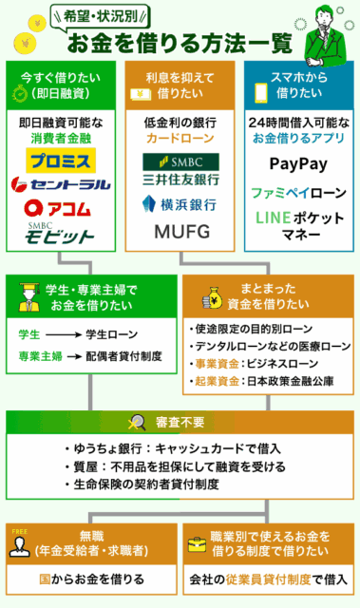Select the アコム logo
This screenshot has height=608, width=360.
(63, 206)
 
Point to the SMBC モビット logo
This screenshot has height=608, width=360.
(63, 233)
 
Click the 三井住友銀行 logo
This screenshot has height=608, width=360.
(180, 167)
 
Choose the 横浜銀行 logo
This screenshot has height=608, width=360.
(180, 202)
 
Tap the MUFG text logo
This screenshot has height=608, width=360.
(180, 232)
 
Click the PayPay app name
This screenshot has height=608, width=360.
(299, 163)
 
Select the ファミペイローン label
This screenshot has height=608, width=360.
(299, 191)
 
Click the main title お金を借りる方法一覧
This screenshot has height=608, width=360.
(179, 44)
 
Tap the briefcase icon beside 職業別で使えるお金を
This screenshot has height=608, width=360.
(197, 545)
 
